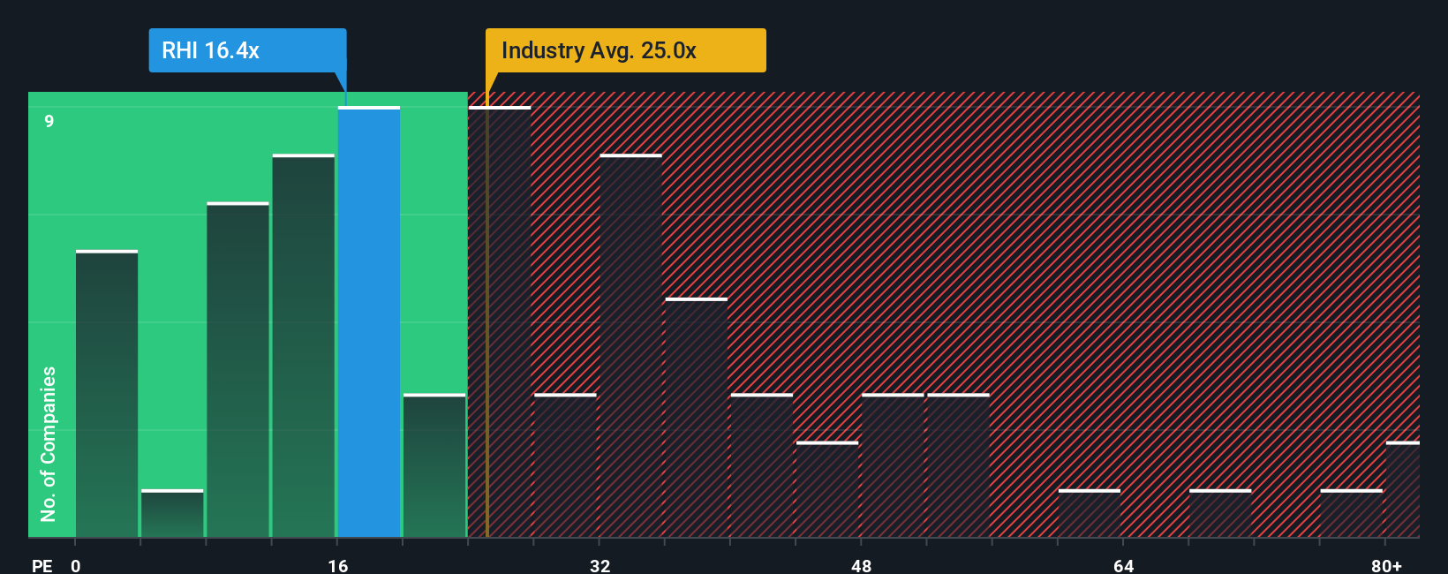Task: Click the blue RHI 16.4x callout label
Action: tap(247, 50)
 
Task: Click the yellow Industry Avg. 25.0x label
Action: tap(625, 50)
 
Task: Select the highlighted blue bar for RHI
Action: tap(369, 322)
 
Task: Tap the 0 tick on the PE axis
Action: tap(76, 565)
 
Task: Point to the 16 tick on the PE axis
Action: tap(337, 565)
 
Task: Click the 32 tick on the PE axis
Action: tap(600, 565)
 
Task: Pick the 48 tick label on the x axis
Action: tap(861, 565)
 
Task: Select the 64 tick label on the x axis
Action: tap(1123, 565)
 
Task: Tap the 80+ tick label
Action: tap(1386, 565)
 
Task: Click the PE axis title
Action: tap(41, 565)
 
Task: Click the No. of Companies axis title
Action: tap(49, 443)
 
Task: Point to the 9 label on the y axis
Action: tap(49, 121)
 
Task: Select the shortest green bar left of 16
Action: tap(172, 514)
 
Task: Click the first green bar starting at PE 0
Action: tap(107, 394)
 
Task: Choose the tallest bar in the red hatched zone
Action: tap(500, 322)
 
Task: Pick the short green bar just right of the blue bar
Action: tap(434, 465)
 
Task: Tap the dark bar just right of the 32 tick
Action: tap(630, 346)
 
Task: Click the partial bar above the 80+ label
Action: tap(1402, 489)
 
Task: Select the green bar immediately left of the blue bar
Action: tap(304, 346)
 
